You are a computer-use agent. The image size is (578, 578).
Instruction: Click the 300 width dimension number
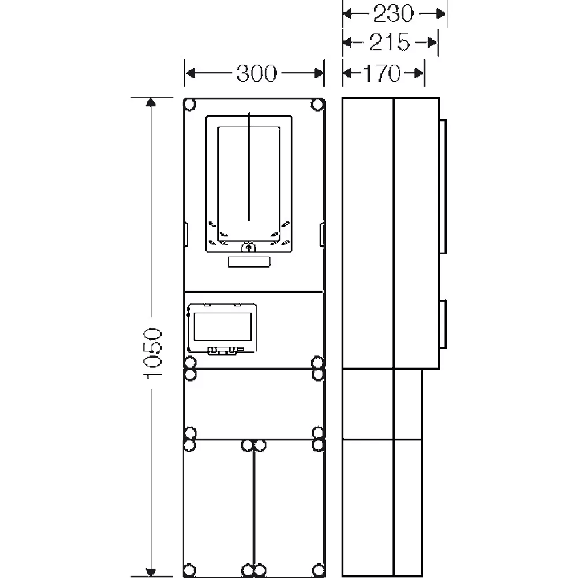point(256,73)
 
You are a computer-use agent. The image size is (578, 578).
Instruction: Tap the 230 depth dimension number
point(394,14)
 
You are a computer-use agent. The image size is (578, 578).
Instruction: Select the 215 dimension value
point(389,42)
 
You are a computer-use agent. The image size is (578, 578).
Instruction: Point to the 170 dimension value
point(382,73)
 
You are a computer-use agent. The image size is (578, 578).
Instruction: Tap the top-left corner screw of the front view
point(190,104)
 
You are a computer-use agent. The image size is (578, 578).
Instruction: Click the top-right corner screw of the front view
point(317,104)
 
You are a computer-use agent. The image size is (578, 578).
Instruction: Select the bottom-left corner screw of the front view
point(190,569)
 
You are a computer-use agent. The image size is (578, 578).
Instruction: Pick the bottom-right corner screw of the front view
point(318,569)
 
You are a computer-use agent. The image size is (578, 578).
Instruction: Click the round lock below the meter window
point(249,247)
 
